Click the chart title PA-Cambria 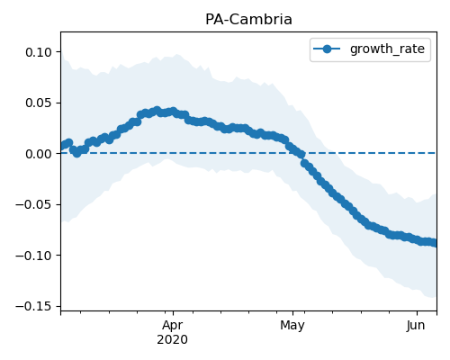point(248,20)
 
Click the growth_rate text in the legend point(387,49)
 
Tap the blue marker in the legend point(327,49)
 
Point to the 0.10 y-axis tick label point(39,52)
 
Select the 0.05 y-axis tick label point(39,103)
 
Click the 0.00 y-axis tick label point(39,154)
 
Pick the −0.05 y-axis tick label point(34,204)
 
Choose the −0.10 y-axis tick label point(34,256)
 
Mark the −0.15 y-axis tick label point(34,306)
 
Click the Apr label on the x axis point(173,326)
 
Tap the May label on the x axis point(292,326)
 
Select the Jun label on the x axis point(416,326)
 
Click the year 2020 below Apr point(173,339)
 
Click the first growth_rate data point point(62,146)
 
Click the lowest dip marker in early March point(77,153)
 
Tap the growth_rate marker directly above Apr point(173,112)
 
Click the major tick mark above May point(293,313)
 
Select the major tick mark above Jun point(417,313)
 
